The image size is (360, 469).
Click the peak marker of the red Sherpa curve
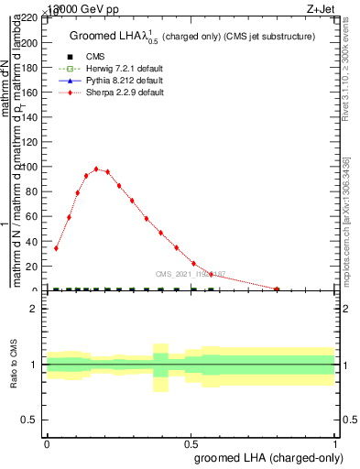click(x=96, y=169)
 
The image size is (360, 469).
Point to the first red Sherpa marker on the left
click(x=56, y=247)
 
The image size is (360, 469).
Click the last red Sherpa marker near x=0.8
click(x=277, y=289)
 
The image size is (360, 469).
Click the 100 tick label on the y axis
click(x=31, y=167)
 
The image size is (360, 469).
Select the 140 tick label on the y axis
click(x=31, y=116)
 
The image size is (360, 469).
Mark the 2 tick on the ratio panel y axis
click(x=38, y=309)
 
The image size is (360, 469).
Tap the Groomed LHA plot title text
click(x=192, y=37)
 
